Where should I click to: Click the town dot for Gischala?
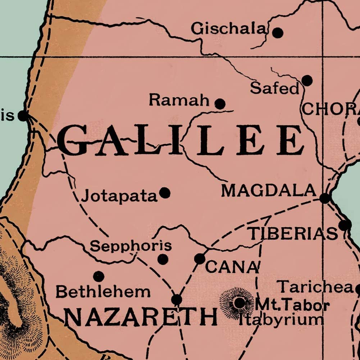pos(277,33)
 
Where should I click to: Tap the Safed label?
pos(275,88)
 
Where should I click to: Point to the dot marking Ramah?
pos(220,104)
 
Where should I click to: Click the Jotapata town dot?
pos(165,193)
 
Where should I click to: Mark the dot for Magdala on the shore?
pos(325,198)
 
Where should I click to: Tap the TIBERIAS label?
pos(294,234)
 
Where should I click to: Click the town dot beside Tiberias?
pos(345,225)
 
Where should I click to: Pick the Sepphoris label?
pos(131,246)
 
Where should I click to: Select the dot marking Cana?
pos(200,259)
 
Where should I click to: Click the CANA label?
pos(232,267)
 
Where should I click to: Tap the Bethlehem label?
pos(103,292)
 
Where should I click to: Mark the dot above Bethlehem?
pos(99,277)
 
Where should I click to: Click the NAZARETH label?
pos(141,317)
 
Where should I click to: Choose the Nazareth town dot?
pos(177,300)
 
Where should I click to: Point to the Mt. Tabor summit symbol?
pos(239,303)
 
